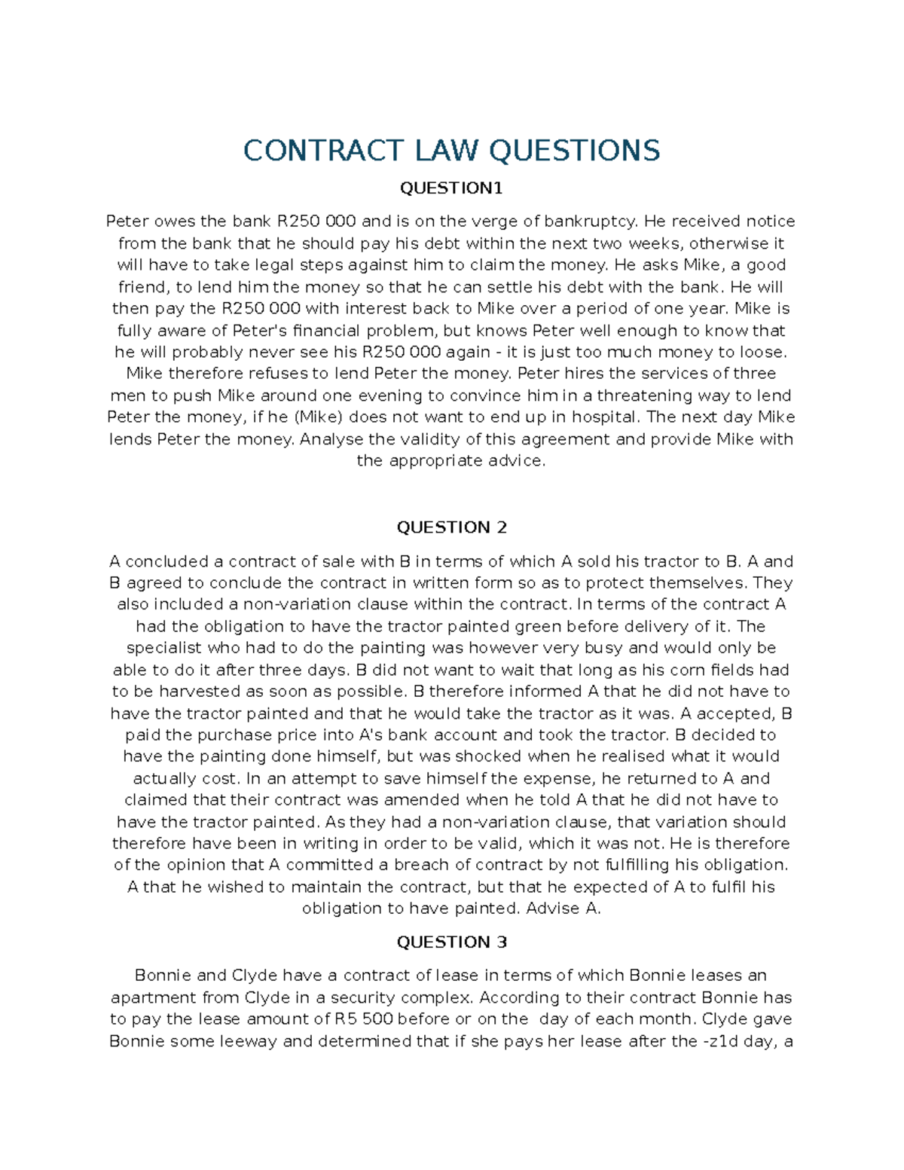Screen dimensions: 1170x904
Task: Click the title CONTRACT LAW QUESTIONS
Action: pyautogui.click(x=451, y=151)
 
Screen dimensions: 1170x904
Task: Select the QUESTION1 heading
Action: pyautogui.click(x=451, y=188)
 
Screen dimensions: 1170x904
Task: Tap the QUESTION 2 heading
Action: pyautogui.click(x=451, y=527)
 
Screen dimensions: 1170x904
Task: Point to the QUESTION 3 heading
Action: pyautogui.click(x=451, y=942)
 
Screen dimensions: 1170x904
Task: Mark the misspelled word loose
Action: pyautogui.click(x=763, y=353)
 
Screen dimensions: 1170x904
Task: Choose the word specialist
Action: pyautogui.click(x=164, y=649)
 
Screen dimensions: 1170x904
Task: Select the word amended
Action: pyautogui.click(x=425, y=800)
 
